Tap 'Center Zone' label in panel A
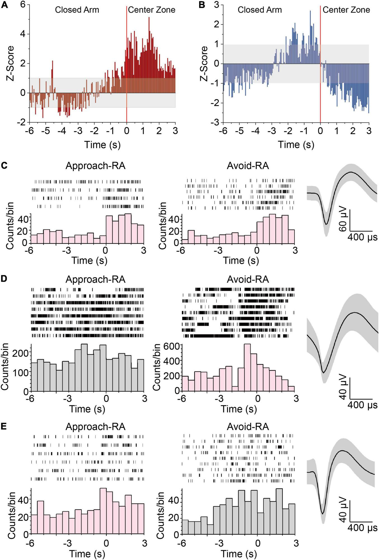151,10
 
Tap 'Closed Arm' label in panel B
260,10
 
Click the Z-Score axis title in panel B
204,64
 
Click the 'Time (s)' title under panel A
102,145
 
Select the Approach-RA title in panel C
95,166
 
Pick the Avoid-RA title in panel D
248,279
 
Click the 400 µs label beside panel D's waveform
362,405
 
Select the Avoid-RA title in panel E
248,427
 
